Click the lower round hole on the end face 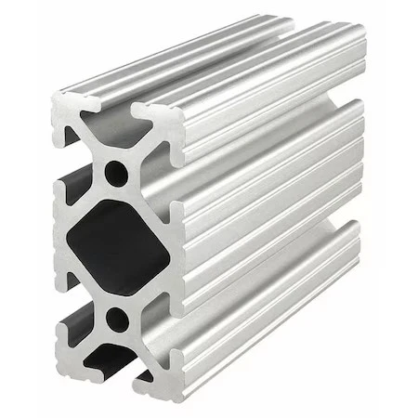point(118,320)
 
